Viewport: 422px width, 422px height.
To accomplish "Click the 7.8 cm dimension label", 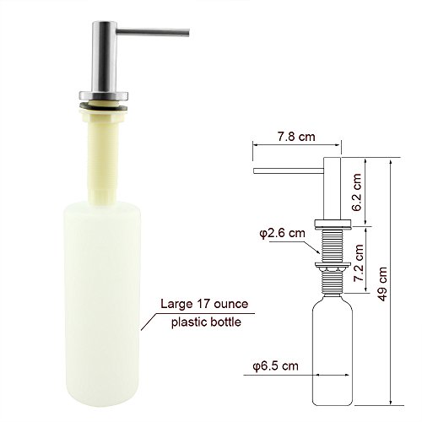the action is [296, 137].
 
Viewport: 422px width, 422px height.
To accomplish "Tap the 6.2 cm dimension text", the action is [356, 192].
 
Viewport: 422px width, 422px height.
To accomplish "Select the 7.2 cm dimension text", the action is [358, 263].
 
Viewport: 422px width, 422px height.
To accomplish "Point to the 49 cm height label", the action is [382, 284].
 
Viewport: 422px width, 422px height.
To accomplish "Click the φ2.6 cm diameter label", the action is [282, 233].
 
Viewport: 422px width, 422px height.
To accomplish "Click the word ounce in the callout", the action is [231, 304].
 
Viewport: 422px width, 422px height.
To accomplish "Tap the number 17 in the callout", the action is [203, 304].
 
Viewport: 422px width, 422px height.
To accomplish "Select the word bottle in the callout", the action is [225, 322].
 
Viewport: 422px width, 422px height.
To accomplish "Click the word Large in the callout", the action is [176, 305].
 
